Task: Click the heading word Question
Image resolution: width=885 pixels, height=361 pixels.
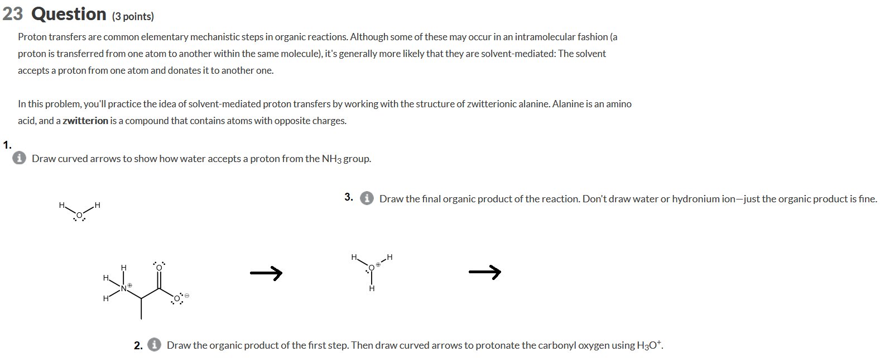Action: pos(69,14)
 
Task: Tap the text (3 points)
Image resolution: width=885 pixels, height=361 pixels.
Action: pos(133,16)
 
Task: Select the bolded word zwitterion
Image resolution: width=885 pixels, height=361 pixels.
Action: pos(85,121)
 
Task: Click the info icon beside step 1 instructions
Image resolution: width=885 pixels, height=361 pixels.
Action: pos(19,158)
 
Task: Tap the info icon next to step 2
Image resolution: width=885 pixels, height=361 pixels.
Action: pos(155,345)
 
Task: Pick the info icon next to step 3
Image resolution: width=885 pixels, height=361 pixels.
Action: pos(367,198)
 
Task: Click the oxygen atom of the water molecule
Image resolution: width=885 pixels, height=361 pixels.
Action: pos(79,215)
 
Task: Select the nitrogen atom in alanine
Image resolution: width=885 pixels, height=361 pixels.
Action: pos(124,288)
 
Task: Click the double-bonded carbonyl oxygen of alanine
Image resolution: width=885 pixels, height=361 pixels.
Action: pos(159,268)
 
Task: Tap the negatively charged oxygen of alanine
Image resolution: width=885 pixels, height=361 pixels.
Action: pos(177,298)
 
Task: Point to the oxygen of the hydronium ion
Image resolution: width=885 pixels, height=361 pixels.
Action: pos(372,268)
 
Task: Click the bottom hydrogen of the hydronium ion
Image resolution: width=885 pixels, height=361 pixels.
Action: pos(372,288)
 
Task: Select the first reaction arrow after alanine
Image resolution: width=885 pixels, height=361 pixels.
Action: pos(266,273)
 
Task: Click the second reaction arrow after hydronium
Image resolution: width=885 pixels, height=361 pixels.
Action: pos(484,272)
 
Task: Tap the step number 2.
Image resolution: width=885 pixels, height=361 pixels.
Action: pos(138,345)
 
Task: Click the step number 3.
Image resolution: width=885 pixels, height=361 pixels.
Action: pos(349,197)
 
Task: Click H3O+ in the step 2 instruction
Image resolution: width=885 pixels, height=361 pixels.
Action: pos(649,345)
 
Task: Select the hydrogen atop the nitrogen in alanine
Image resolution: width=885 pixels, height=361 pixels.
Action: pos(124,268)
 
